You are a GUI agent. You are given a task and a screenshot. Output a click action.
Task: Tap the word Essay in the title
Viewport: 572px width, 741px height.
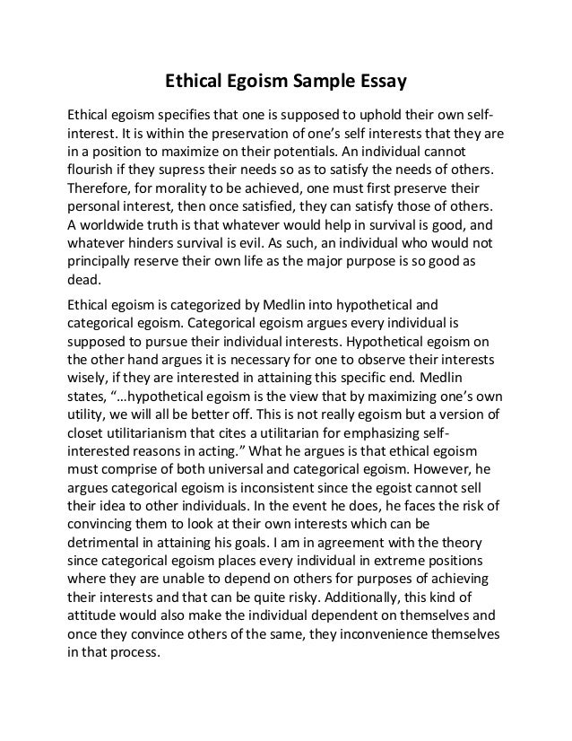point(383,83)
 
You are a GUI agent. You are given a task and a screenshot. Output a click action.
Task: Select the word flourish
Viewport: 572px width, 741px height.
point(94,170)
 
